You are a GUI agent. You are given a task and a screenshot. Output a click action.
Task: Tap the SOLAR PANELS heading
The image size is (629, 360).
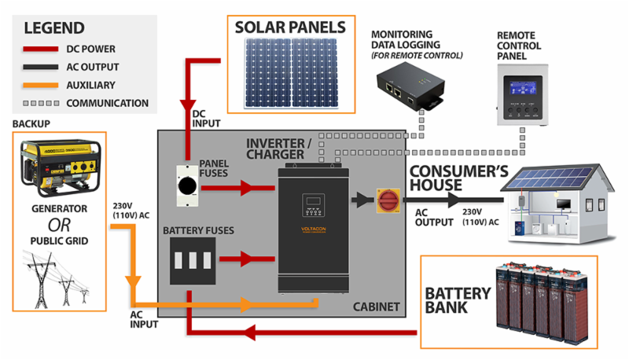tap(290, 28)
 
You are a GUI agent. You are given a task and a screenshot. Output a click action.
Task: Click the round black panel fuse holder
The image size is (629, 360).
tap(189, 187)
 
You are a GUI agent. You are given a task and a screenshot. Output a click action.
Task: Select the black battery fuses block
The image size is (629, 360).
tap(193, 261)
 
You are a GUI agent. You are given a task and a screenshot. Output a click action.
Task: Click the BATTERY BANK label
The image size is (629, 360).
tap(458, 301)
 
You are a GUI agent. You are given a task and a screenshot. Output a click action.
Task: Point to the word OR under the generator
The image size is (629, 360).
tap(59, 223)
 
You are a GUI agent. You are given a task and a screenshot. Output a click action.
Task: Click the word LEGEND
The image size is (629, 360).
tap(54, 29)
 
